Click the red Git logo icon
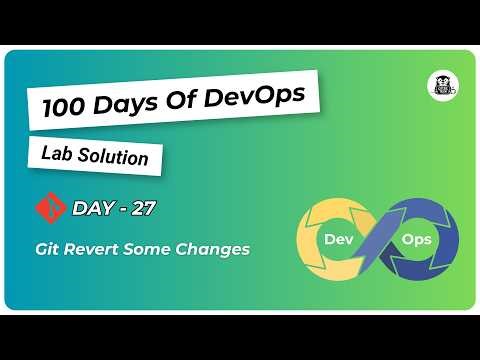pyautogui.click(x=48, y=208)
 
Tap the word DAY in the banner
pyautogui.click(x=93, y=208)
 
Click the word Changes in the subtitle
pyautogui.click(x=215, y=248)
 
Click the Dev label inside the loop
pyautogui.click(x=336, y=240)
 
